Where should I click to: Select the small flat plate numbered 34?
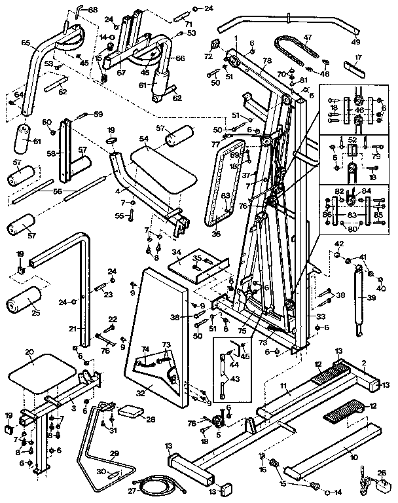(x=197, y=265)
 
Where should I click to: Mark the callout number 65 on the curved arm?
(x=26, y=43)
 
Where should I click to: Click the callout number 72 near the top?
(x=209, y=57)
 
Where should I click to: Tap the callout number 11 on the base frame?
(x=285, y=388)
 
